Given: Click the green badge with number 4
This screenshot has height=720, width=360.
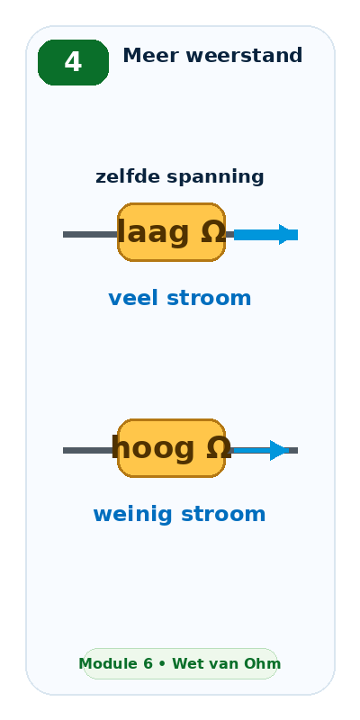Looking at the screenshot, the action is [x=73, y=62].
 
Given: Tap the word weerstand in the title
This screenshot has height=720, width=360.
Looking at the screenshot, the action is [x=244, y=56].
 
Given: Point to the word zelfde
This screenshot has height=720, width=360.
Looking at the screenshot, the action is [x=128, y=176].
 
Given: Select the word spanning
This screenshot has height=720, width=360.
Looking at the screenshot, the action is [x=215, y=177].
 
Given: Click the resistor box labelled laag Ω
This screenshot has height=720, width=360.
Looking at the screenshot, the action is [x=171, y=232].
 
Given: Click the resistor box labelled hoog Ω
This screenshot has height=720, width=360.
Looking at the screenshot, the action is [x=171, y=448].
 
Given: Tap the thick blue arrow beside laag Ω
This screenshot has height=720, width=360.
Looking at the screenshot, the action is [x=265, y=235].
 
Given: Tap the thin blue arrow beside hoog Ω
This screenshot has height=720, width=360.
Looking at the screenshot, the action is [x=261, y=451].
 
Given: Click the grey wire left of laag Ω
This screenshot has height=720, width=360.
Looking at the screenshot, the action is [x=90, y=235].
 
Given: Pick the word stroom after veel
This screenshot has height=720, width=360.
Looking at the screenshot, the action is [x=209, y=299].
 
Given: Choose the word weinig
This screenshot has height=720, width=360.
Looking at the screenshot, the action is [x=134, y=515].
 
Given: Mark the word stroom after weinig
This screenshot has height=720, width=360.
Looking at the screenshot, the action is [x=223, y=514].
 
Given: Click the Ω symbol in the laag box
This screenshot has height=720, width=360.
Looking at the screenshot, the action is [x=213, y=232].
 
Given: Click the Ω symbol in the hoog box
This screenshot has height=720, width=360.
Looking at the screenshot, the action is [x=219, y=447].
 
